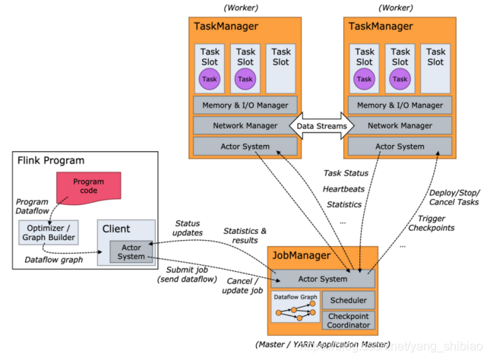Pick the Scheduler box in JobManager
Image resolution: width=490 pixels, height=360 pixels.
click(349, 300)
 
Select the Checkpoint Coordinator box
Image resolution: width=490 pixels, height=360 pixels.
click(349, 320)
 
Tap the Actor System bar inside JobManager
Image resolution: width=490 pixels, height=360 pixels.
click(323, 279)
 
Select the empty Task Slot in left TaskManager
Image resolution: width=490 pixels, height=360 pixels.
click(281, 68)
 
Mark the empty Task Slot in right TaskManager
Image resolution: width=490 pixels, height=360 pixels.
click(436, 68)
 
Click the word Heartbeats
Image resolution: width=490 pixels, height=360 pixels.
click(343, 188)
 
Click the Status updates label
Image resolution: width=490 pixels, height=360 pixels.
click(188, 228)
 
